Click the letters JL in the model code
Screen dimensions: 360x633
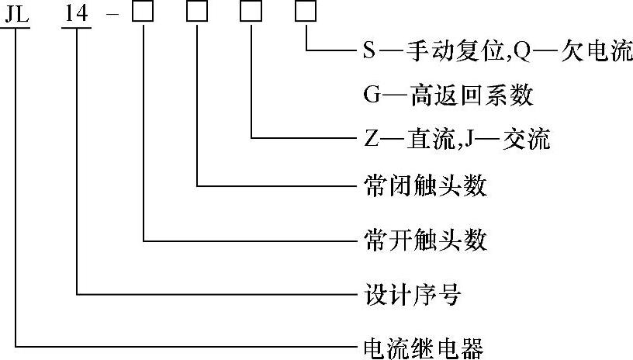tap(16, 13)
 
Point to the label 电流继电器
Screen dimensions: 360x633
tap(424, 347)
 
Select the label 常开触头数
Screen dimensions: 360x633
tap(425, 240)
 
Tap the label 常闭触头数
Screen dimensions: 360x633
tap(425, 186)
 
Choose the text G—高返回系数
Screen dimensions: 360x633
tap(448, 95)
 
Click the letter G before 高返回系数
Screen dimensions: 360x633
tap(370, 96)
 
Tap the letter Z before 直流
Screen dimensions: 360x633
tap(369, 140)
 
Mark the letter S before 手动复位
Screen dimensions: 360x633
tap(369, 52)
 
